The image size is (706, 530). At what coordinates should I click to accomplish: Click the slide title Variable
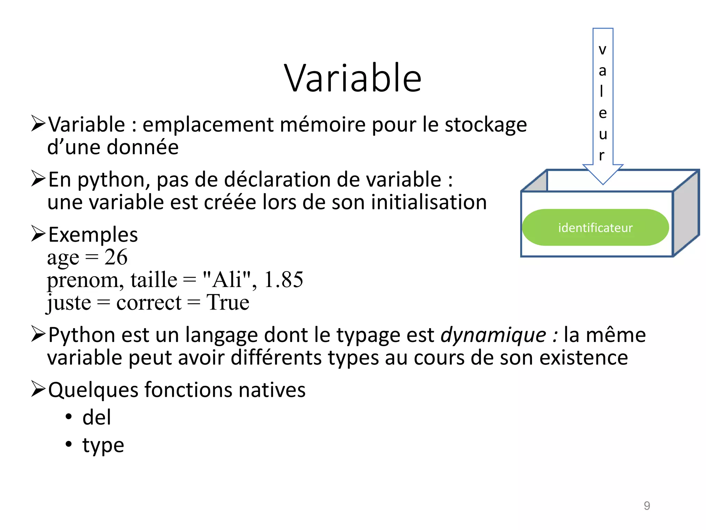353,78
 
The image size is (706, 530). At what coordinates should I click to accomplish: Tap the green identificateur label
595,228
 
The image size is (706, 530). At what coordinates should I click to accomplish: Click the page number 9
647,506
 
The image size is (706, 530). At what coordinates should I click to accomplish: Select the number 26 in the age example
116,257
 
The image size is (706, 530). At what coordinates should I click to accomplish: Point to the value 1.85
283,279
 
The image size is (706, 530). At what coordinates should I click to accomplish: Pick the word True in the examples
228,303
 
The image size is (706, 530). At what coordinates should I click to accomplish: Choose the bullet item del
97,417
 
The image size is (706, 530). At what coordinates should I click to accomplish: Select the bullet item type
103,445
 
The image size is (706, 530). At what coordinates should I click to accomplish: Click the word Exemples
93,235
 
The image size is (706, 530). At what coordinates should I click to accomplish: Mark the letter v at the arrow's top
602,50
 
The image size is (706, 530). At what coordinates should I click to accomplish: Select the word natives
272,390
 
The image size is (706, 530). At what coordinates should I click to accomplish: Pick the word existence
583,358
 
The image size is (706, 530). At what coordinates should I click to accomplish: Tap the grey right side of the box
686,214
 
